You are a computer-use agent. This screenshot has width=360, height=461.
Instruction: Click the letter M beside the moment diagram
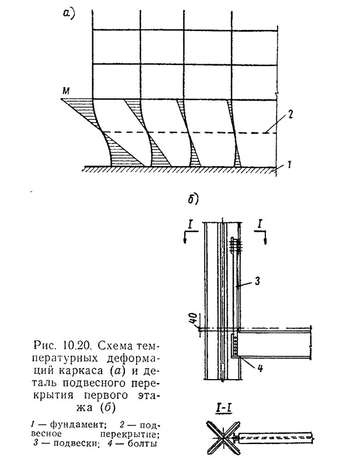pyautogui.click(x=66, y=91)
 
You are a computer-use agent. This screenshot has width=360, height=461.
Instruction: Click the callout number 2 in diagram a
pyautogui.click(x=290, y=114)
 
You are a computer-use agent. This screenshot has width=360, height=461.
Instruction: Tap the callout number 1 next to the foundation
pyautogui.click(x=289, y=164)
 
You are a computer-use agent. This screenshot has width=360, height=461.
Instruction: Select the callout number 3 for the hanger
pyautogui.click(x=257, y=281)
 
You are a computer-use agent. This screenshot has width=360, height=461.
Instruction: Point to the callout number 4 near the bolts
pyautogui.click(x=259, y=367)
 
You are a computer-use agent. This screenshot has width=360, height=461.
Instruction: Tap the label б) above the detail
pyautogui.click(x=193, y=199)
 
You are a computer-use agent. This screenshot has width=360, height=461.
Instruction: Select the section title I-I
pyautogui.click(x=223, y=408)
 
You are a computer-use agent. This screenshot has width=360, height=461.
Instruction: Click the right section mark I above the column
pyautogui.click(x=260, y=225)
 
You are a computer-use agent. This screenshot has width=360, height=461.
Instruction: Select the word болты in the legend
pyautogui.click(x=143, y=443)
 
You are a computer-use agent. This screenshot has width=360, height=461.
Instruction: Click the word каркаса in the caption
pyautogui.click(x=81, y=370)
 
